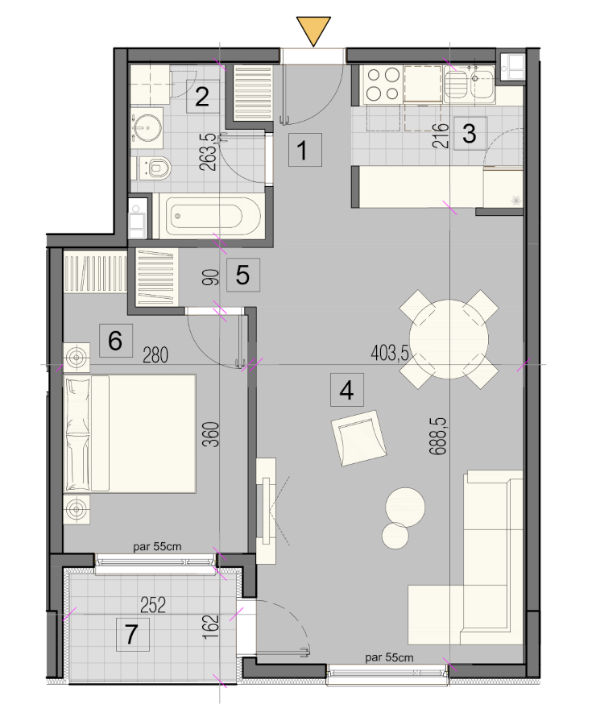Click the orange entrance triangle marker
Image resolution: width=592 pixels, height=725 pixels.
pos(314,30)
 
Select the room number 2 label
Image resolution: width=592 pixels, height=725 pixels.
pos(202,97)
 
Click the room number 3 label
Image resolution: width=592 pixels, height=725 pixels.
pos(470,134)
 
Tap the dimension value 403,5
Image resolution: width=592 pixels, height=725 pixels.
pos(390,354)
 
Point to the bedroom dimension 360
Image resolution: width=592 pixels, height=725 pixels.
pos(211,434)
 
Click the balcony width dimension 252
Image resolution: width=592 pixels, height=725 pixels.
pos(153,605)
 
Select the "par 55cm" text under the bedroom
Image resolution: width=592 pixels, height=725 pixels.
pos(157,546)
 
